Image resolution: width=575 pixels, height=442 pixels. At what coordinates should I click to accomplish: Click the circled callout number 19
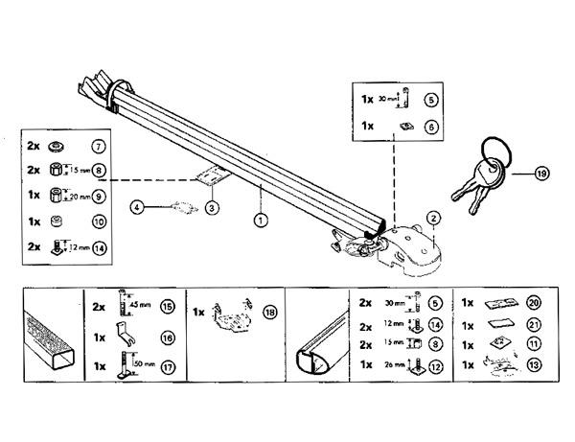[543, 174]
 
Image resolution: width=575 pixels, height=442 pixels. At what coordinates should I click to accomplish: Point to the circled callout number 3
[137, 206]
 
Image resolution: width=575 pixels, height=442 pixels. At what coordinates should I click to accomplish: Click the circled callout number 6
[432, 127]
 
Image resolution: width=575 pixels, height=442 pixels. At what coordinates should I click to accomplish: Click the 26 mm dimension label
[394, 365]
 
